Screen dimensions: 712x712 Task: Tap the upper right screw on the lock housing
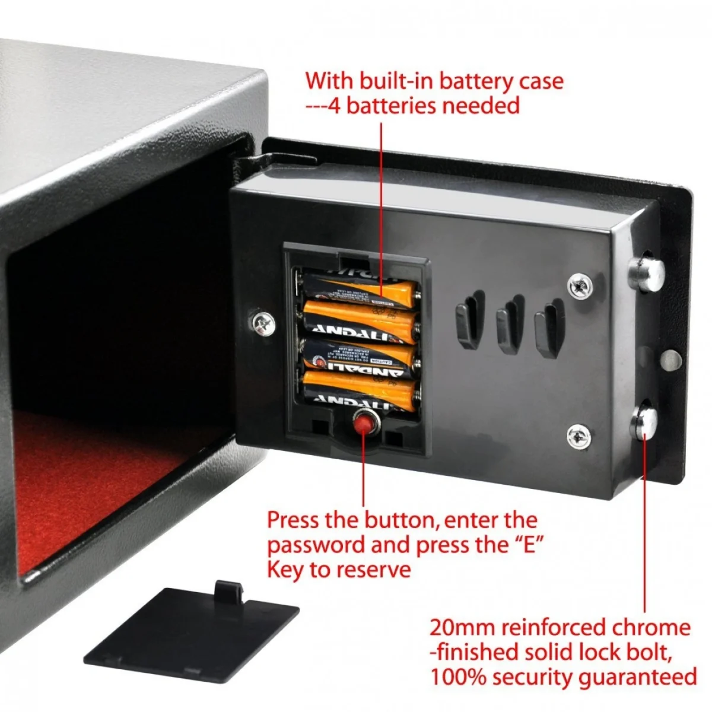tap(578, 286)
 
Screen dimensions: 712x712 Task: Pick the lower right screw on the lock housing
tap(577, 437)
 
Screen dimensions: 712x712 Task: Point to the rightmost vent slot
tap(546, 328)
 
